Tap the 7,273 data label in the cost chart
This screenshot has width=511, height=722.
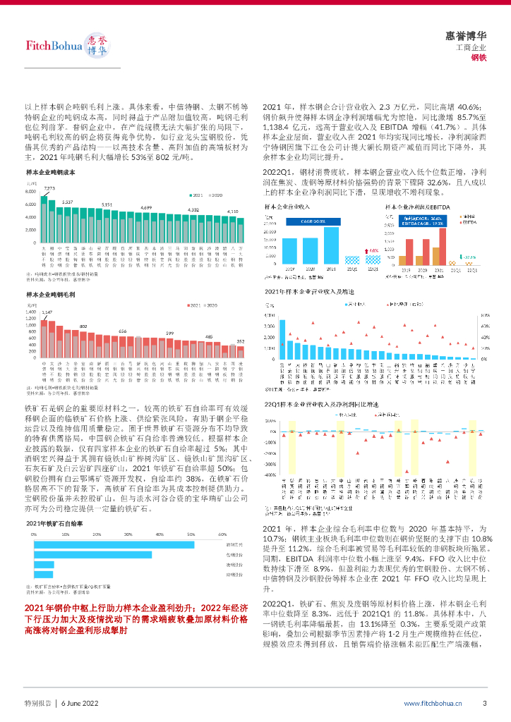coord(49,188)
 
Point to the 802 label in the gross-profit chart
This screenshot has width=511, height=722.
coord(83,326)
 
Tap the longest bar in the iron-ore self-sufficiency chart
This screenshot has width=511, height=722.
coord(114,544)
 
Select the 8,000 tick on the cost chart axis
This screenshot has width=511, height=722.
coord(30,192)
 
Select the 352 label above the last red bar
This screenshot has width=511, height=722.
coord(241,341)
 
